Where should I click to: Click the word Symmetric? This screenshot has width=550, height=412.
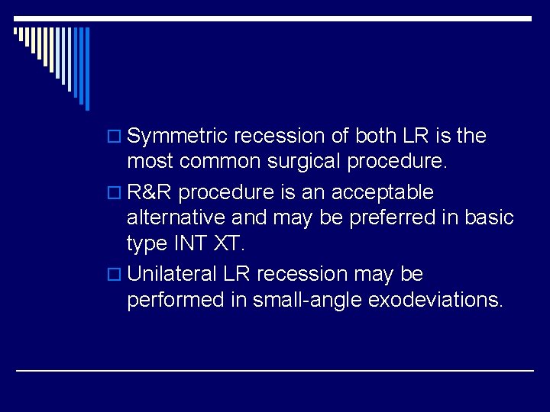coord(177,137)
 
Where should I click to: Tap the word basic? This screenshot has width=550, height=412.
coord(487,217)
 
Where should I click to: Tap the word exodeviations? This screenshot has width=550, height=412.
coord(435,299)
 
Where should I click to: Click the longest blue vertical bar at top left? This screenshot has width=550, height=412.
coord(87,69)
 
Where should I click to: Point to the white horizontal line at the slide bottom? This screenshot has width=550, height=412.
coord(275,370)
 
